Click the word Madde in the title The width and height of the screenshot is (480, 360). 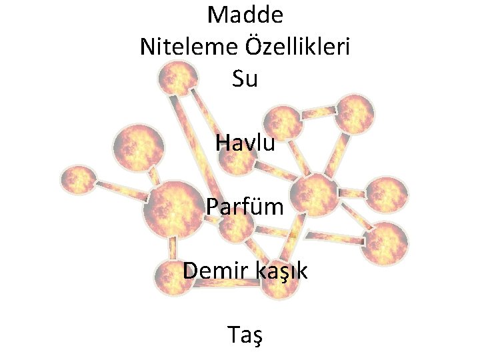[245, 14]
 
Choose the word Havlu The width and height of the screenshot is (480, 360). [245, 142]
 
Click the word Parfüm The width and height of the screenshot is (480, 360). [245, 207]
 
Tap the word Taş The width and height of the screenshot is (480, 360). [245, 335]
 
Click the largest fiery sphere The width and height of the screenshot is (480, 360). [172, 210]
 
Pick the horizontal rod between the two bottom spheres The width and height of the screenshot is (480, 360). [227, 284]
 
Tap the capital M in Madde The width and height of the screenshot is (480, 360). [217, 14]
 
